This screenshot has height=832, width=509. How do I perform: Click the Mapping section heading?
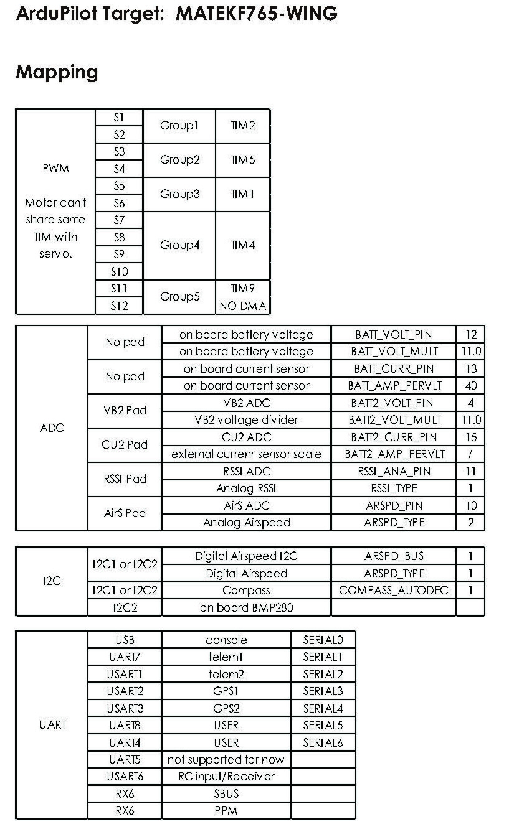coord(57,72)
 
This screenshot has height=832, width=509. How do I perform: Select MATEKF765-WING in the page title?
coord(257,14)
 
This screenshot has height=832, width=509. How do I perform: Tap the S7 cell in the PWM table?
coord(119,220)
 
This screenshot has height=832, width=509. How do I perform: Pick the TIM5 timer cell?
coord(243,160)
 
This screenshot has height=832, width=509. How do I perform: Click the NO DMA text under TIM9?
coord(243,306)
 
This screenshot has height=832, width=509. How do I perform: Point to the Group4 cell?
coord(179,245)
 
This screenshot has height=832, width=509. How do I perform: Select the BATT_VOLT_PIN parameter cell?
coord(393,335)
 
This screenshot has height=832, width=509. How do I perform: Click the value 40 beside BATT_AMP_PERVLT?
coord(471,386)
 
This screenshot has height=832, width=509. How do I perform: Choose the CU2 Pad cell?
coord(125,445)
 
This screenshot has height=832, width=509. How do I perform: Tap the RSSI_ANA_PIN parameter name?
coord(393,472)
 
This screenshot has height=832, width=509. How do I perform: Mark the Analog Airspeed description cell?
coord(246,523)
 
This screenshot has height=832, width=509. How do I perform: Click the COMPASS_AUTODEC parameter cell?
coord(393,590)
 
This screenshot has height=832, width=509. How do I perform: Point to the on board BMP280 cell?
coord(246,607)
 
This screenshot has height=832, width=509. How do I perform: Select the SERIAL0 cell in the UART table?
coord(323,640)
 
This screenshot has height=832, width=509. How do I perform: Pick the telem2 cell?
coord(226,674)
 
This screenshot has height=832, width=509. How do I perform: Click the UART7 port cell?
coord(125,657)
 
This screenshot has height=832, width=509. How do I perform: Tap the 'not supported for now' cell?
coord(226,759)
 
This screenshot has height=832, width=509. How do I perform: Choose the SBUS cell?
coord(226,793)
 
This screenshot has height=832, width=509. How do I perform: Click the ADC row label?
coord(52,428)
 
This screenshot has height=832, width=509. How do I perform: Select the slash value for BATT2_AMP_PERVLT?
coord(471,454)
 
